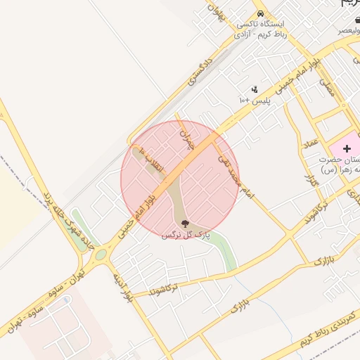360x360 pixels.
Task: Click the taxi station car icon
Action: pyautogui.click(x=261, y=14)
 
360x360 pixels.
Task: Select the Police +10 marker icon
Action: pyautogui.click(x=255, y=89)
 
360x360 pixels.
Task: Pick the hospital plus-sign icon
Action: pyautogui.click(x=347, y=148)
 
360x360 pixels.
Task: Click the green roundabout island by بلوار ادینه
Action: pyautogui.click(x=101, y=254)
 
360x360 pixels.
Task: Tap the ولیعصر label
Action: pyautogui.click(x=340, y=30)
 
